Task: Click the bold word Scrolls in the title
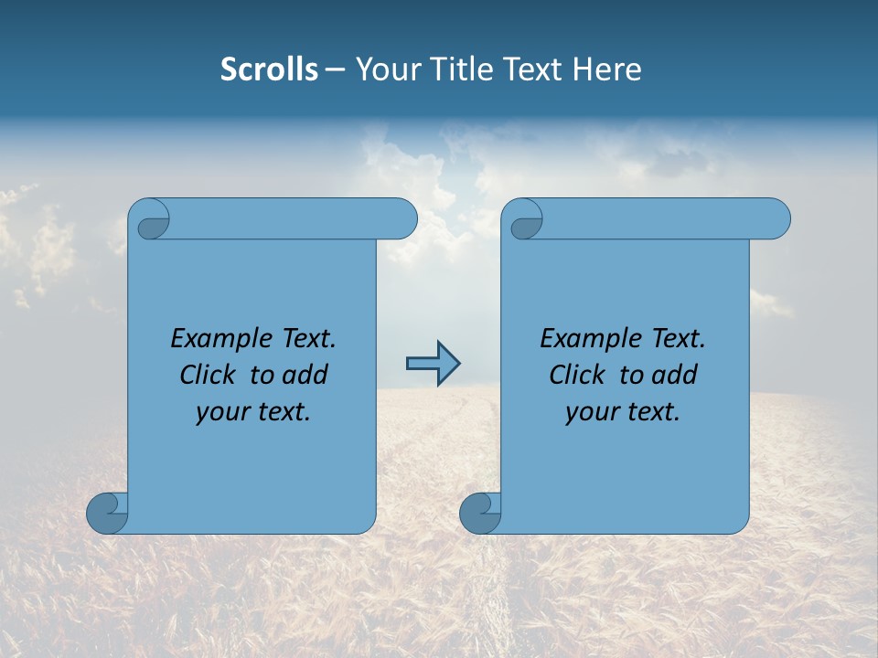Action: point(269,69)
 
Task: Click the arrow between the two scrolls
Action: point(433,364)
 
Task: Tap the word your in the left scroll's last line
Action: point(222,412)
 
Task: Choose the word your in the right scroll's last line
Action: point(592,412)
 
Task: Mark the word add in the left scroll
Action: point(305,375)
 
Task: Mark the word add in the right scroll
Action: point(675,375)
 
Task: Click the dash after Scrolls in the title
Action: point(335,69)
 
